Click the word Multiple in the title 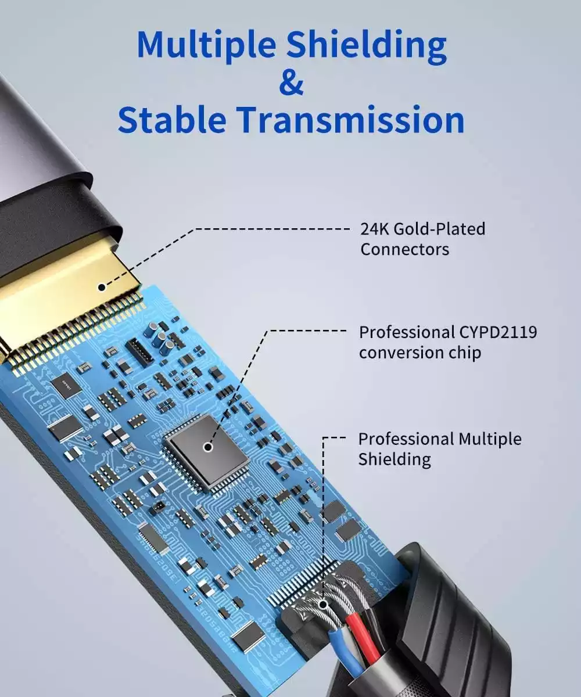(x=206, y=46)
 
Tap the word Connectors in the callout (x=405, y=249)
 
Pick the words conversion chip (x=419, y=353)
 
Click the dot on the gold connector (x=102, y=287)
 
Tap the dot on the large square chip (x=209, y=447)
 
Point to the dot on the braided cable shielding (x=323, y=604)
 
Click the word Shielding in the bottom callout (x=394, y=460)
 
